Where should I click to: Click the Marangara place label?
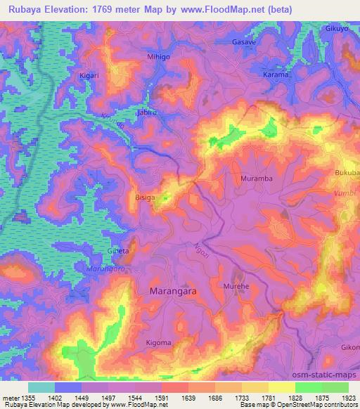point(174,290)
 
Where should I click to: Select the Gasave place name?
point(244,42)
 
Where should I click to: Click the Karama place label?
point(276,74)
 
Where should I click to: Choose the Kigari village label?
point(91,74)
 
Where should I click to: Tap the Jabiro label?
point(146,112)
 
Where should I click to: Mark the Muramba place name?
point(257,178)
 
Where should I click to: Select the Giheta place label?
point(118,251)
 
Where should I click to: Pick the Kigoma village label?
point(159,342)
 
